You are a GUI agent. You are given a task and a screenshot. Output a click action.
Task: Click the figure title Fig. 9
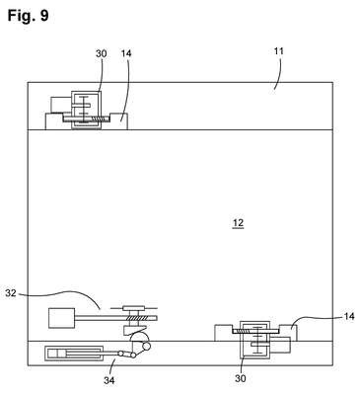click(28, 16)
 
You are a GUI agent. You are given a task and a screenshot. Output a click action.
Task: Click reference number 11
click(279, 51)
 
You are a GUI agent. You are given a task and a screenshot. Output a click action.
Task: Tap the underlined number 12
click(238, 223)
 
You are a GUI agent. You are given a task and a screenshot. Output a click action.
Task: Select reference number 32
click(11, 293)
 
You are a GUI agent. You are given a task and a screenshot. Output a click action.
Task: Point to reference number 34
click(109, 380)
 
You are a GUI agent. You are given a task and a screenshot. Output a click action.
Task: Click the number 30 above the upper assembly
click(102, 53)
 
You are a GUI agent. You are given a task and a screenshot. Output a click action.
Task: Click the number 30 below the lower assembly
click(241, 378)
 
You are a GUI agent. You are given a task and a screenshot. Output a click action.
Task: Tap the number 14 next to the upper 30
click(126, 53)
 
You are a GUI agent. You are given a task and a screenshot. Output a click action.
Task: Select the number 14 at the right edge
click(349, 316)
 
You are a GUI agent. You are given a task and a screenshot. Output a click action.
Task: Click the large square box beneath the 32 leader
click(61, 318)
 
